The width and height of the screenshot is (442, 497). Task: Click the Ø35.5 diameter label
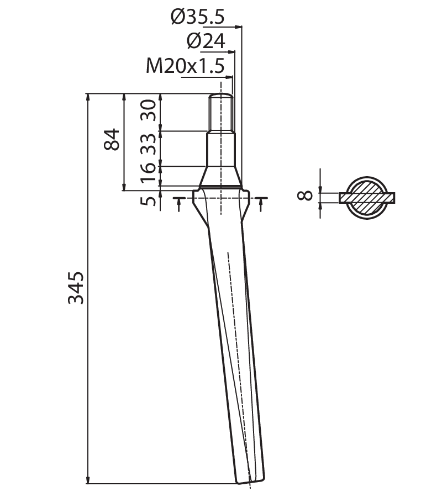coord(198,17)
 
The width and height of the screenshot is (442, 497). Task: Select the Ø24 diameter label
coord(206,41)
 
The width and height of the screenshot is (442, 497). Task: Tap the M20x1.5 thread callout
coord(185,66)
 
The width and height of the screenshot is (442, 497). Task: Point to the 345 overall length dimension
coord(76,288)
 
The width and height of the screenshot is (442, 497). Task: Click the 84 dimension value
coord(112,139)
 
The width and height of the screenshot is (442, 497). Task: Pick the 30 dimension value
coord(149,110)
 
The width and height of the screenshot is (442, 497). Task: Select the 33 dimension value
coord(149,144)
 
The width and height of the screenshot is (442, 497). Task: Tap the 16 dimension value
coord(149,173)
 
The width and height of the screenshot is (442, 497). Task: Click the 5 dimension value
coord(149,201)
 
